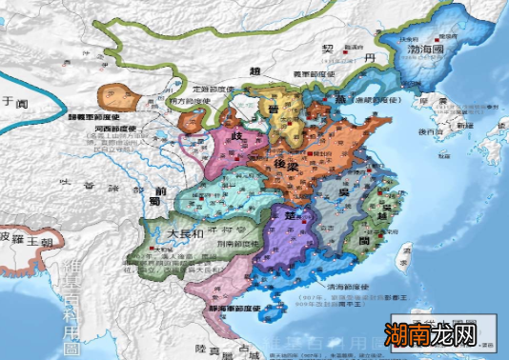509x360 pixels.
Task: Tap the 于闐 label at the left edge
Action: [10, 98]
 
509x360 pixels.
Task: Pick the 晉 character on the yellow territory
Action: [274, 112]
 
